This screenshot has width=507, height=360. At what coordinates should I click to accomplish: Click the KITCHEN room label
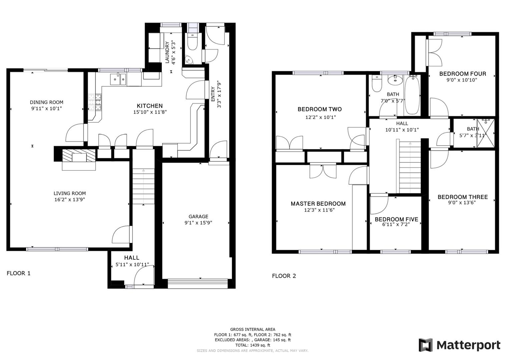click(150, 106)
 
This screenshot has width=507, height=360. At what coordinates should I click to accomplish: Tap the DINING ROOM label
click(46, 102)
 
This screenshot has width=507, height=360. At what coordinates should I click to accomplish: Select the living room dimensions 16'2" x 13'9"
click(70, 200)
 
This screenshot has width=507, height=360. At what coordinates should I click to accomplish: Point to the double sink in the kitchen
click(118, 79)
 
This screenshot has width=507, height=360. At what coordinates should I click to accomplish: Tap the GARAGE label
click(198, 216)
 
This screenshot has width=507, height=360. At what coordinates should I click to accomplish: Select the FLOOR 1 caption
click(19, 273)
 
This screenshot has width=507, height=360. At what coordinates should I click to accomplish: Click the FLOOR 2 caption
click(284, 276)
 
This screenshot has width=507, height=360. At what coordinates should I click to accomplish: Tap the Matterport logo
click(460, 345)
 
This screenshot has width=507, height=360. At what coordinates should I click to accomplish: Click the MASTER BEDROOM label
click(318, 204)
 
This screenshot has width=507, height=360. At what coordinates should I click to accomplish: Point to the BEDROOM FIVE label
click(396, 219)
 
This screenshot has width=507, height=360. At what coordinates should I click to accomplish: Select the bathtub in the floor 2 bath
click(413, 95)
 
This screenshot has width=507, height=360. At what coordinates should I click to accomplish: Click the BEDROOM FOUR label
click(462, 74)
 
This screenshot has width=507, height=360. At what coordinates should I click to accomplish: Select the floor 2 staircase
click(410, 167)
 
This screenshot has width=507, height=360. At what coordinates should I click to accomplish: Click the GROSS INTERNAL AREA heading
click(252, 329)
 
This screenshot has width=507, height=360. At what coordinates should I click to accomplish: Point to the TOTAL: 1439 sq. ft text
click(252, 345)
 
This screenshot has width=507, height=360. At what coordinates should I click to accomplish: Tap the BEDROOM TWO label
click(320, 109)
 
